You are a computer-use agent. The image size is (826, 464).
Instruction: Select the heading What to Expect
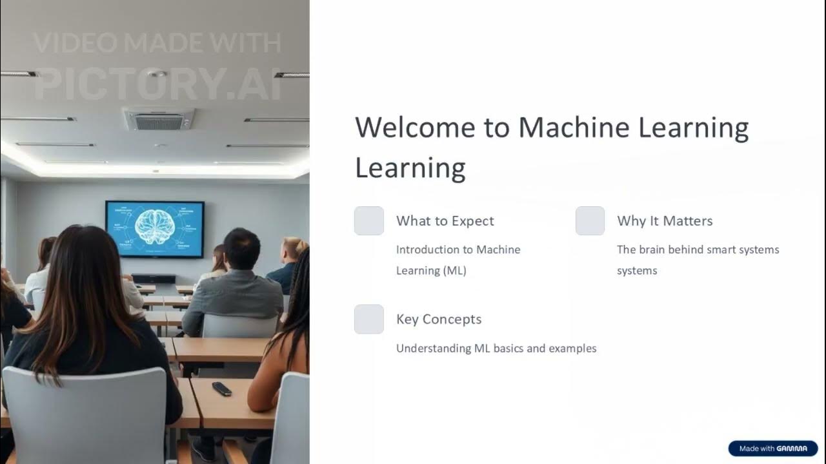[x=445, y=221]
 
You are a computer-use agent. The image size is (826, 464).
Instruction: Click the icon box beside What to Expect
[x=369, y=221]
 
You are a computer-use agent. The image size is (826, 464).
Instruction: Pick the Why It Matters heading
[x=665, y=221]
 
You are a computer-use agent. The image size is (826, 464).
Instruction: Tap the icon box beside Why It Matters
[x=590, y=221]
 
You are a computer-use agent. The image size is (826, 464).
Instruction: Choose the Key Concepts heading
[x=439, y=319]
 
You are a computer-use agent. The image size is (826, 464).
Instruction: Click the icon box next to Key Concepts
[x=369, y=319]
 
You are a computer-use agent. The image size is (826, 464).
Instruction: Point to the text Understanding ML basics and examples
[x=496, y=349]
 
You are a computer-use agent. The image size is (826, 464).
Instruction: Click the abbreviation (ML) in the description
[x=454, y=271]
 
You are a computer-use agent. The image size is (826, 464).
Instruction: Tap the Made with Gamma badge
[x=772, y=449]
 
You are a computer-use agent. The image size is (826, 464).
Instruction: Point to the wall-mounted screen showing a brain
[x=155, y=229]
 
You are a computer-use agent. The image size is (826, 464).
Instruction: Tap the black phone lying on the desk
[x=221, y=389]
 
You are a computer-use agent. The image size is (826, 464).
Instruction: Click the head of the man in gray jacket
[x=241, y=248]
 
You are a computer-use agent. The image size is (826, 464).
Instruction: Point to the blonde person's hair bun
[x=297, y=246]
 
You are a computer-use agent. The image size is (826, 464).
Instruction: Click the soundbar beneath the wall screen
[x=154, y=279]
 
